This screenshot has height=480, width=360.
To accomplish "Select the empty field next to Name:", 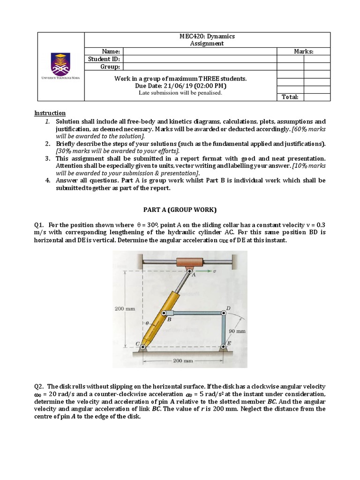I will pyautogui.click(x=200, y=52).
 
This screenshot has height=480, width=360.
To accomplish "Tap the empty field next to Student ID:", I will pyautogui.click(x=200, y=59).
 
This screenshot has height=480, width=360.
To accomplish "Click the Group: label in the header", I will pyautogui.click(x=110, y=67).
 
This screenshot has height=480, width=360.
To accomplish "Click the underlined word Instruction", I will pyautogui.click(x=50, y=113).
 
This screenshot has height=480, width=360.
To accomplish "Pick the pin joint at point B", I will pyautogui.click(x=165, y=313).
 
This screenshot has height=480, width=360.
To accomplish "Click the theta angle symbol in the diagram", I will pyautogui.click(x=146, y=323).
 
